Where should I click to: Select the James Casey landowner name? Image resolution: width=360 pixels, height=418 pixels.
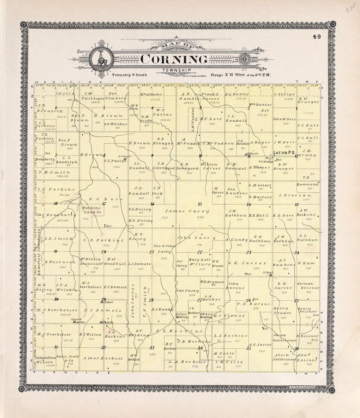(x=187, y=211)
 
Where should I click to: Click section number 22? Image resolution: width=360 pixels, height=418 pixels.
(x=199, y=251)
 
